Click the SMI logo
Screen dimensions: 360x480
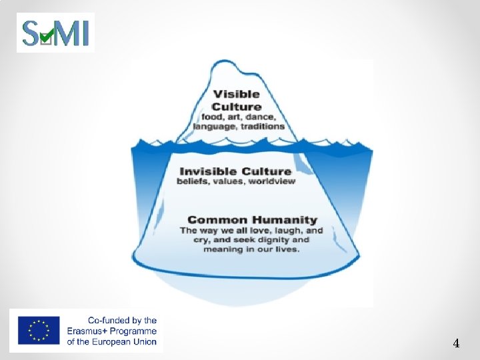(x=55, y=32)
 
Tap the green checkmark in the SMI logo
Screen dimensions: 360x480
(x=47, y=35)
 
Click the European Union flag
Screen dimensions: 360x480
(x=39, y=331)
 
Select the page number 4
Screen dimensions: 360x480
(x=456, y=344)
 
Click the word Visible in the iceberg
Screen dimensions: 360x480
(x=237, y=94)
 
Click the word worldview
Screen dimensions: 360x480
(x=272, y=181)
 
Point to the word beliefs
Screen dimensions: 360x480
(x=192, y=181)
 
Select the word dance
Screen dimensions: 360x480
(x=267, y=117)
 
